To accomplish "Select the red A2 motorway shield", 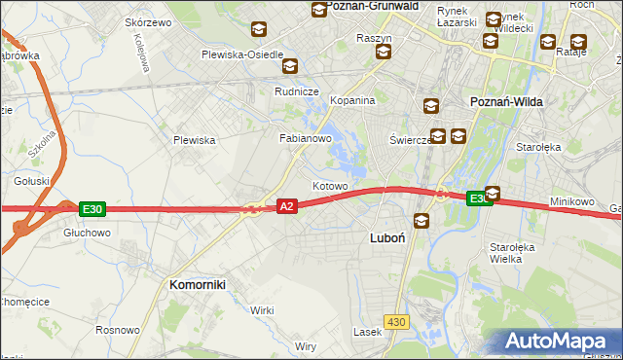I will pos(286,206).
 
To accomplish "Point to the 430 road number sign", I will pos(395,321).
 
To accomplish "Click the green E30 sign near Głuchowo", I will pos(92,209).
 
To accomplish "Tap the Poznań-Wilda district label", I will pos(506,101).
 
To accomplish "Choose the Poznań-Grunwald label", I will pos(372,6).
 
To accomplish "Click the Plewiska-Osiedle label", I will pos(242,54).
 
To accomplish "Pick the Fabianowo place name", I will pos(307,139).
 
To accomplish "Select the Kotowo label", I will pos(330,186).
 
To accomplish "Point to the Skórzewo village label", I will pos(148,21).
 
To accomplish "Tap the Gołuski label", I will pos(31,181).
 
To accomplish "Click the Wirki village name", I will pos(262,309).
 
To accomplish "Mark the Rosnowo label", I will pos(117,331).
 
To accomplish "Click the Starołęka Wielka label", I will pos(512,253).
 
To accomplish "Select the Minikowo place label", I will pos(571,201).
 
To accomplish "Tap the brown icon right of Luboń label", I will pos(421,221).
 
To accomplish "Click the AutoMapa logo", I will pos(560,341).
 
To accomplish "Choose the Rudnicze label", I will pos(298,91).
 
